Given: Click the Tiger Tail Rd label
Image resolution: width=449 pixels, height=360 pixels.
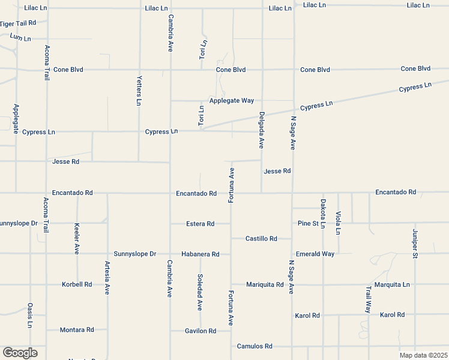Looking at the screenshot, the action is tap(19, 23).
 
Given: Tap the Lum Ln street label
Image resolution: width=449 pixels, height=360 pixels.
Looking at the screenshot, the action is tap(20, 37).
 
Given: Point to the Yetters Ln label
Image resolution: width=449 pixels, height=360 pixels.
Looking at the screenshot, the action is tap(139, 91).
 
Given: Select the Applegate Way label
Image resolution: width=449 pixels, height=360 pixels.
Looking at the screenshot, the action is tap(231, 100).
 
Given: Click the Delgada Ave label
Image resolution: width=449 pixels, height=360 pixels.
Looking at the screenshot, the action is tap(262, 130).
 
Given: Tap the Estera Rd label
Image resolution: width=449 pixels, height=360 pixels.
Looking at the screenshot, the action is tap(200, 224).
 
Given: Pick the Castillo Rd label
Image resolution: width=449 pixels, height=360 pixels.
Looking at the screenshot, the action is tap(261, 238).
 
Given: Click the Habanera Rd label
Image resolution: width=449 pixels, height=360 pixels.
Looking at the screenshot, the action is tap(200, 254).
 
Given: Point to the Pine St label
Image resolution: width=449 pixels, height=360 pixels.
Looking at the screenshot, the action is tap(307, 223).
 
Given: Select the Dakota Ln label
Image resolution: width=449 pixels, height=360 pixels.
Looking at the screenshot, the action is tap(323, 214).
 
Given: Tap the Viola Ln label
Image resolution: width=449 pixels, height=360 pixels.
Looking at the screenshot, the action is tap(339, 223).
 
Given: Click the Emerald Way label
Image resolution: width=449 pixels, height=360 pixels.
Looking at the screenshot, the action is tap(315, 254).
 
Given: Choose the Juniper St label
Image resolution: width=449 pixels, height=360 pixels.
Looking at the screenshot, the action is tap(415, 244).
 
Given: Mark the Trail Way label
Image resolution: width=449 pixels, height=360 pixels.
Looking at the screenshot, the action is tap(369, 299).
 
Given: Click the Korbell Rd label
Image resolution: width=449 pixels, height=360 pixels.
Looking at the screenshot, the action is tap(77, 284).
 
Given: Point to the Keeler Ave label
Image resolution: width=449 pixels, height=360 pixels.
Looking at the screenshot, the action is tap(77, 239).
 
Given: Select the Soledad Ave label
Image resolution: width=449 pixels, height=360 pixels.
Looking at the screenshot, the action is tap(200, 292).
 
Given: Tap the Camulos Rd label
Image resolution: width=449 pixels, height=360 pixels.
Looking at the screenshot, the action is tap(255, 346).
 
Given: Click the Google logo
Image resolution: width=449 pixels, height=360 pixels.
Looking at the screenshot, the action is tap(19, 352).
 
